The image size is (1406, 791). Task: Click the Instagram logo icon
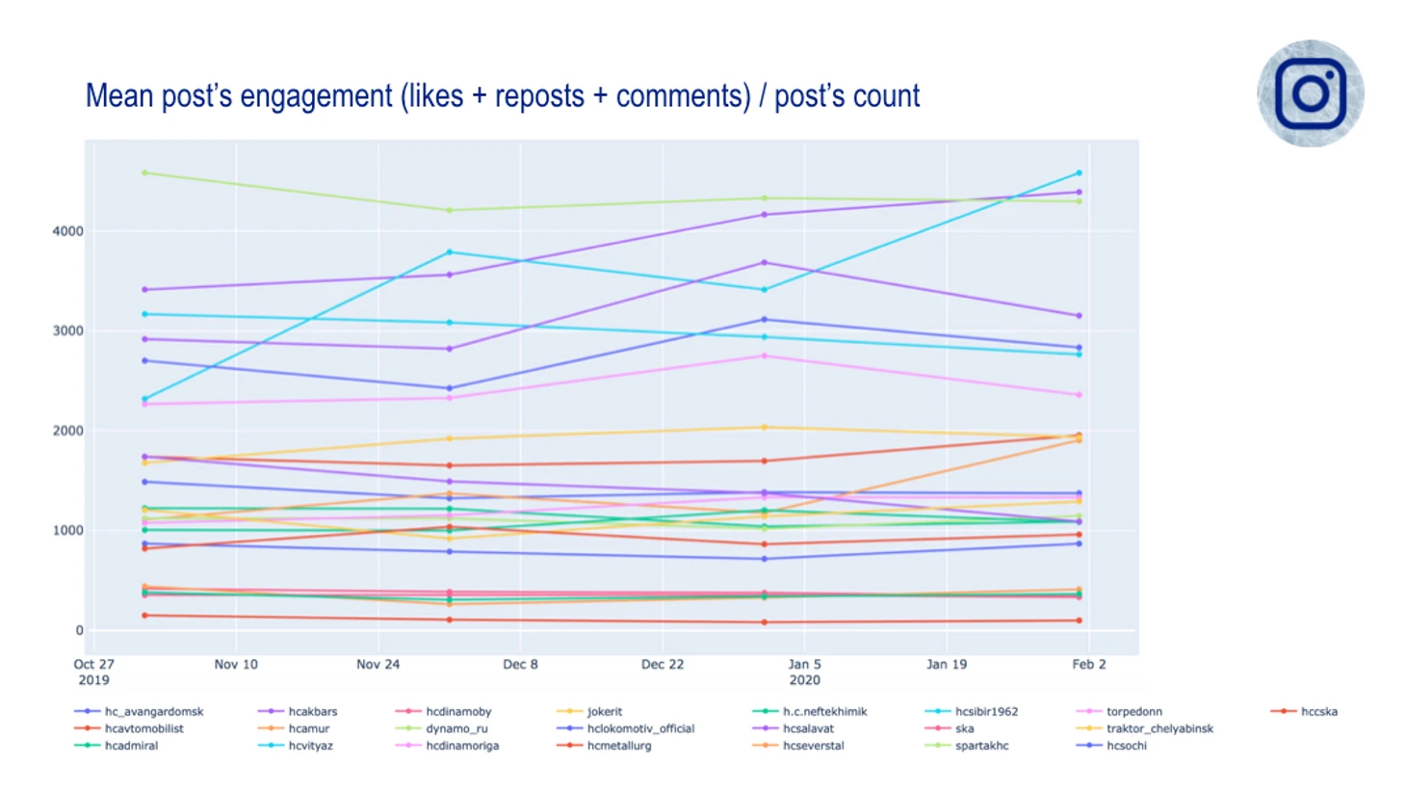click(1310, 93)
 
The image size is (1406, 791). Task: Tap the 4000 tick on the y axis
click(67, 231)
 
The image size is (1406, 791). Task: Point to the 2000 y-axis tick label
click(67, 431)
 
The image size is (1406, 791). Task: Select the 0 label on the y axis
click(79, 630)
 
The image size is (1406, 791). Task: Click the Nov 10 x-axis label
click(236, 664)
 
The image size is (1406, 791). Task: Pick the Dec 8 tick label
click(520, 664)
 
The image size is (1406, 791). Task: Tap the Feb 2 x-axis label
click(1089, 664)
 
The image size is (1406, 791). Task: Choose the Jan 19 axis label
click(947, 664)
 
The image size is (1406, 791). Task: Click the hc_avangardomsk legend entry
click(154, 712)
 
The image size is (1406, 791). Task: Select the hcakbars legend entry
click(313, 712)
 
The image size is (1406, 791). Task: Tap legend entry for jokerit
click(605, 712)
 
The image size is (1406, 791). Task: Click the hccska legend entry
click(1318, 712)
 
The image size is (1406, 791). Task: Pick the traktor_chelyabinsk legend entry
click(1159, 728)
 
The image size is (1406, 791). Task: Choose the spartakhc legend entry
click(981, 746)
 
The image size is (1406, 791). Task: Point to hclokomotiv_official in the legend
click(640, 728)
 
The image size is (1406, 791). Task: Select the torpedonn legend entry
click(1133, 712)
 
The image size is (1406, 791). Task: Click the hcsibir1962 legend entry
click(986, 712)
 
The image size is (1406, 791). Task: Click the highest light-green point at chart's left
click(144, 173)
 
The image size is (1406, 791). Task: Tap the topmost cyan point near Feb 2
click(1079, 173)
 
